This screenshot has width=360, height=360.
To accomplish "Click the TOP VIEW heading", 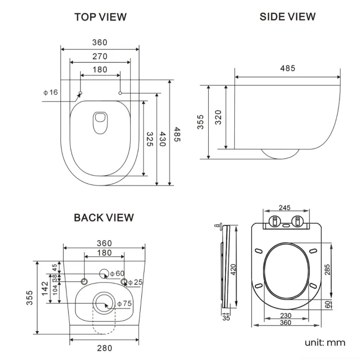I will [x=100, y=17].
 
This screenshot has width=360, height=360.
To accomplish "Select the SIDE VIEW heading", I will [x=287, y=17].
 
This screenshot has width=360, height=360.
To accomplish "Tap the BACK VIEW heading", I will [x=104, y=218].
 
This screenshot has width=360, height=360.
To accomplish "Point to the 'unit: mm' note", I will [x=325, y=342].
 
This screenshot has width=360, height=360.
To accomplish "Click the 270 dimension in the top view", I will [x=100, y=56].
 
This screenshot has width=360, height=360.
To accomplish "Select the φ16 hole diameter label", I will [x=50, y=92].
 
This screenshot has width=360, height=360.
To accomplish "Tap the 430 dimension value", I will [x=163, y=139].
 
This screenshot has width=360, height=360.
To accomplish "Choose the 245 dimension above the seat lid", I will [x=284, y=208].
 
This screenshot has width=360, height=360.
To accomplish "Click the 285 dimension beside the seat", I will [x=327, y=270].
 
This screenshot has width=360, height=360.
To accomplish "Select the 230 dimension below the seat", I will [x=284, y=315].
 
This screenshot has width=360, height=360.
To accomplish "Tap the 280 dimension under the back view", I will [x=104, y=348].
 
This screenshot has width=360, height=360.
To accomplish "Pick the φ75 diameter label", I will [x=125, y=304].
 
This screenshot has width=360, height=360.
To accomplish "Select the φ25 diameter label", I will [x=136, y=282].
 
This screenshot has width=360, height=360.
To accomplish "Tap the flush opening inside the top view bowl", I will [x=100, y=121].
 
